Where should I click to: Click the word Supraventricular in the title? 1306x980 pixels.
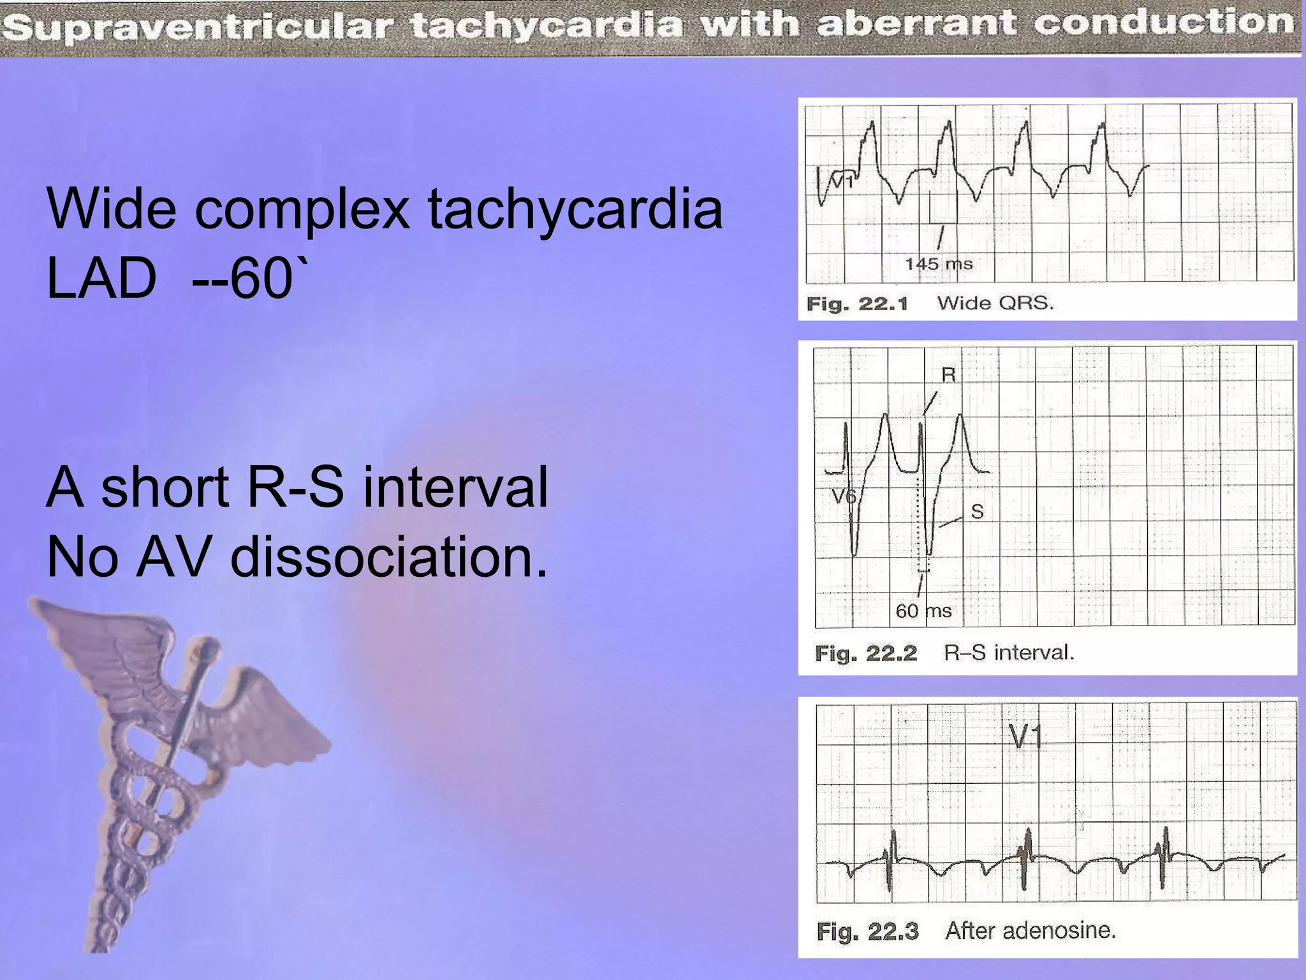200,27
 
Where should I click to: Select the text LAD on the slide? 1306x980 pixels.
101,279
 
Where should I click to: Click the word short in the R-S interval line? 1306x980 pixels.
165,487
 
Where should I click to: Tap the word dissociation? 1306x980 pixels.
388,557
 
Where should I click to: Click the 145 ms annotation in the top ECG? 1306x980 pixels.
939,264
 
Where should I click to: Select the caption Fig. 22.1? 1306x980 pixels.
857,304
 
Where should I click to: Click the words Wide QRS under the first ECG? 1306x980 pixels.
995,303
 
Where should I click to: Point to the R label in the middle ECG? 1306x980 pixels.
949,375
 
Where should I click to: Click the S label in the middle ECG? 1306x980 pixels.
977,511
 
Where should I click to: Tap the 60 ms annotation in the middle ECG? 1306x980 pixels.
923,611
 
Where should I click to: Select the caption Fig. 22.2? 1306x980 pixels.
866,653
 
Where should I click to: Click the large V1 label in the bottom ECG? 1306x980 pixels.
1025,737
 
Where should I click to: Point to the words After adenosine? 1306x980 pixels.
1031,930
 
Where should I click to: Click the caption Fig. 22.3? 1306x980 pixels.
867,932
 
